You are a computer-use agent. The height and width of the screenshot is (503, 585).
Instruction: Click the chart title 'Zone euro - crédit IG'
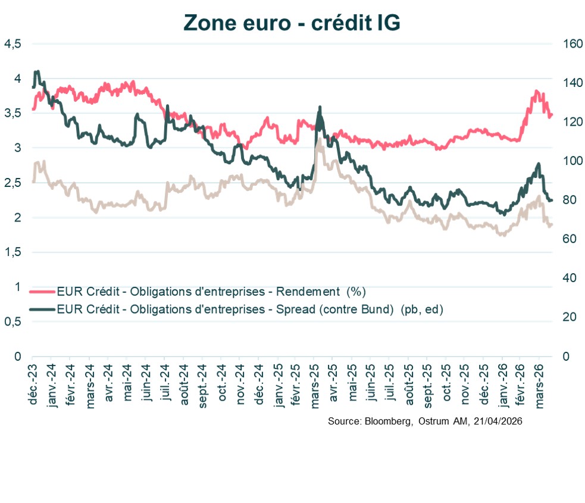tap(292, 21)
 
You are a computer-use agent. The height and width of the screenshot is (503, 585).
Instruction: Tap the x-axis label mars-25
tap(316, 386)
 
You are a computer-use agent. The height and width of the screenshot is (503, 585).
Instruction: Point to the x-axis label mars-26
tap(543, 386)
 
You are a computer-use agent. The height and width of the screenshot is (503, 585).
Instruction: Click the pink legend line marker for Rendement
tap(42, 292)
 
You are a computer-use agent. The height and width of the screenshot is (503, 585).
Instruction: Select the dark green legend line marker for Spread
tap(42, 309)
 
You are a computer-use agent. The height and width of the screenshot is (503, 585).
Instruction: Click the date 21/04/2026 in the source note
tap(498, 421)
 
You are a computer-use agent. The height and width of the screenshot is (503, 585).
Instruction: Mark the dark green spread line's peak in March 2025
tap(320, 108)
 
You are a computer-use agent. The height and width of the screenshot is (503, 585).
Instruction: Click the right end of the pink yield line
tap(552, 115)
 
